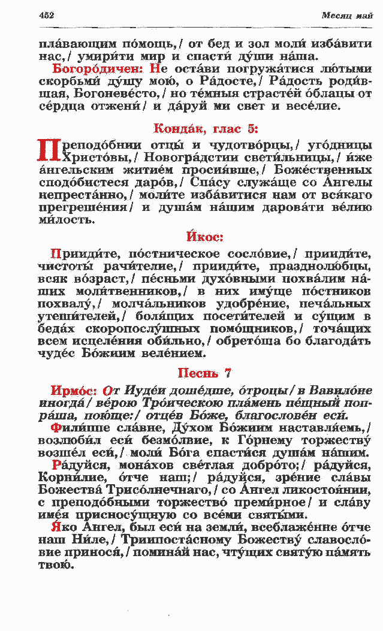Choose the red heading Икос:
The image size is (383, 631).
(x=204, y=237)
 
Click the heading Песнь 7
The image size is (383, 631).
(x=205, y=373)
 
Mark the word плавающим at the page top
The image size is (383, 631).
(x=73, y=44)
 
